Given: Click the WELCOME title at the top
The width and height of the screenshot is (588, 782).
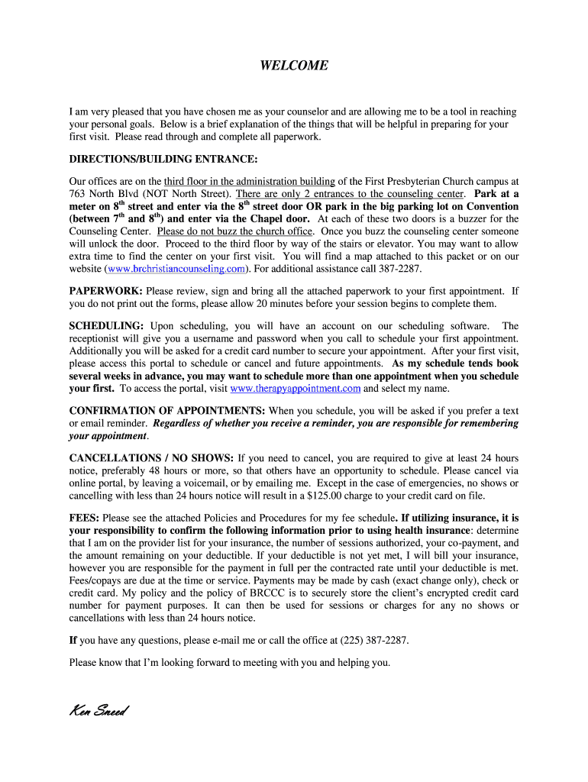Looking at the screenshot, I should click(x=294, y=66).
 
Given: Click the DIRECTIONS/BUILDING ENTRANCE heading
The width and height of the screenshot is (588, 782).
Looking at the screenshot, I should click(x=163, y=160).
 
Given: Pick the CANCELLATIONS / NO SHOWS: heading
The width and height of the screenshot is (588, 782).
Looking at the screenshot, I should click(x=151, y=457).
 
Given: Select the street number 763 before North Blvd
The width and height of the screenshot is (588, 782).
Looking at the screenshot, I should click(x=78, y=194).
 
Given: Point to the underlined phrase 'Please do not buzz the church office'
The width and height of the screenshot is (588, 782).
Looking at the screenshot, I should click(x=235, y=231).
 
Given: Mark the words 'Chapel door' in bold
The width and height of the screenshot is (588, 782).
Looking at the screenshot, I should click(x=279, y=218).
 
